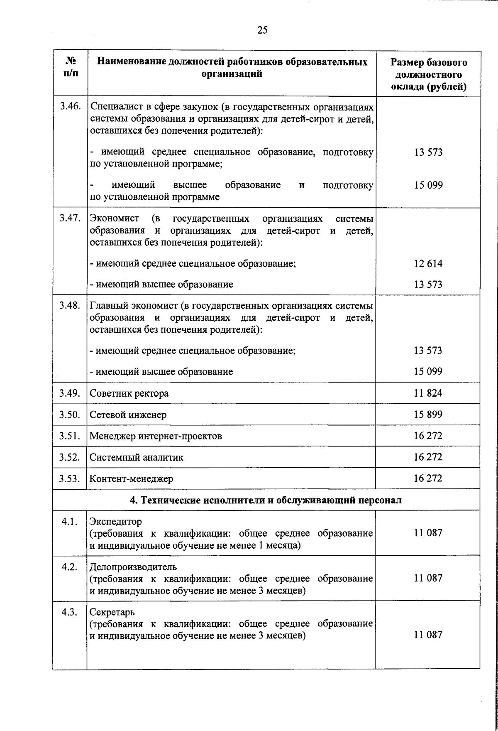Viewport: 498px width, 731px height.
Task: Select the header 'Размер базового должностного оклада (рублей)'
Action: pos(429,74)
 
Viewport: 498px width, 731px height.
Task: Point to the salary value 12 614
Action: pos(428,264)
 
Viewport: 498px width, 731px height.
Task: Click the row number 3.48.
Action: pos(70,306)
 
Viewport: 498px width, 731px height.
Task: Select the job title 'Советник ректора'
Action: pos(129,393)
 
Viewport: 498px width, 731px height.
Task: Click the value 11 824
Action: pos(428,393)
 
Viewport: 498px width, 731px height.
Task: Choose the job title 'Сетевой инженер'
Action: pos(128,415)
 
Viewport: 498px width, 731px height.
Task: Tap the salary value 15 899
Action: pos(428,414)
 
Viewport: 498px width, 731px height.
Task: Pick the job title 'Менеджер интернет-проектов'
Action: pos(156,436)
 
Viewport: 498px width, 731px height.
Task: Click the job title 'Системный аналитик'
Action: pos(136,457)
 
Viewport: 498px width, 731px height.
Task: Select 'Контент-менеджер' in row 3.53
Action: pos(131,479)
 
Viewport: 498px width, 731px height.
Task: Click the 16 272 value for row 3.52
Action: pos(428,457)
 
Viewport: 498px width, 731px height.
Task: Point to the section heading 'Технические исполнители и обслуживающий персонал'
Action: pos(266,500)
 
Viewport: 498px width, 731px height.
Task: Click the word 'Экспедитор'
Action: pos(116,521)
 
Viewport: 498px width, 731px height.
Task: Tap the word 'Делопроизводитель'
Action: pos(133,567)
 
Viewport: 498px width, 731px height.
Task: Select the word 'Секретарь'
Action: pos(112,612)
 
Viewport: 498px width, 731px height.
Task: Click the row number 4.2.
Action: pos(70,567)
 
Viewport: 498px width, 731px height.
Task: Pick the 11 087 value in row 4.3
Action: pos(428,635)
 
